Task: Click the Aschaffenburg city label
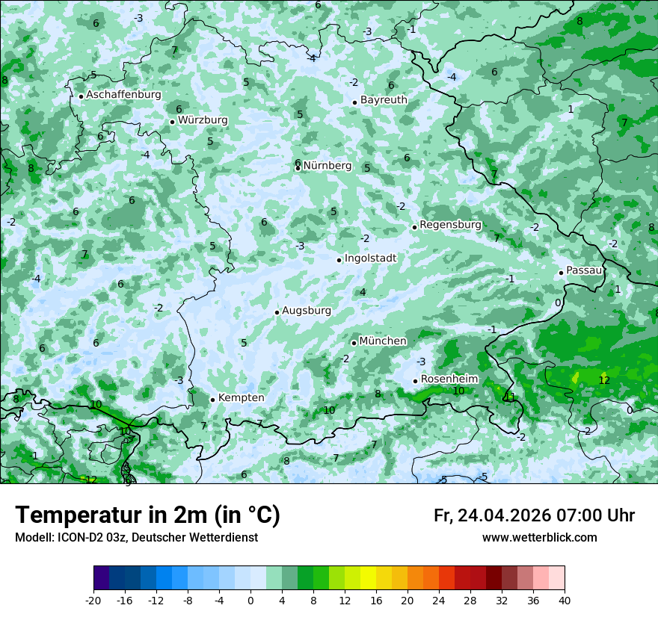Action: click(123, 95)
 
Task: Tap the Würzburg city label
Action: click(203, 120)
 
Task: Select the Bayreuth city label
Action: click(384, 99)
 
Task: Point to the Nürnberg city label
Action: click(328, 165)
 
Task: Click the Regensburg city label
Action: click(450, 224)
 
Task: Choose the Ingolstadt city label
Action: click(370, 258)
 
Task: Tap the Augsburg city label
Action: click(307, 310)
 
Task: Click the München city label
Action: click(383, 341)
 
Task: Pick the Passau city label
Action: click(584, 270)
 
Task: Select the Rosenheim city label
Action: click(449, 379)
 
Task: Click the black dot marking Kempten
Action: click(212, 400)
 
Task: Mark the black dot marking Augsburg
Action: click(277, 312)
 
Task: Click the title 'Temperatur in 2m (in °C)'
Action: click(147, 515)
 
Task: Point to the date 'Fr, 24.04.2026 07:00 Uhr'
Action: click(534, 515)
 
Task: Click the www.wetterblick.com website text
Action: click(539, 537)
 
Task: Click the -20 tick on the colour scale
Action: click(93, 600)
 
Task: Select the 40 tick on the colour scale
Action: click(565, 600)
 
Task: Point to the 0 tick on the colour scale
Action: click(250, 600)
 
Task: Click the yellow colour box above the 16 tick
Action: click(368, 578)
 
